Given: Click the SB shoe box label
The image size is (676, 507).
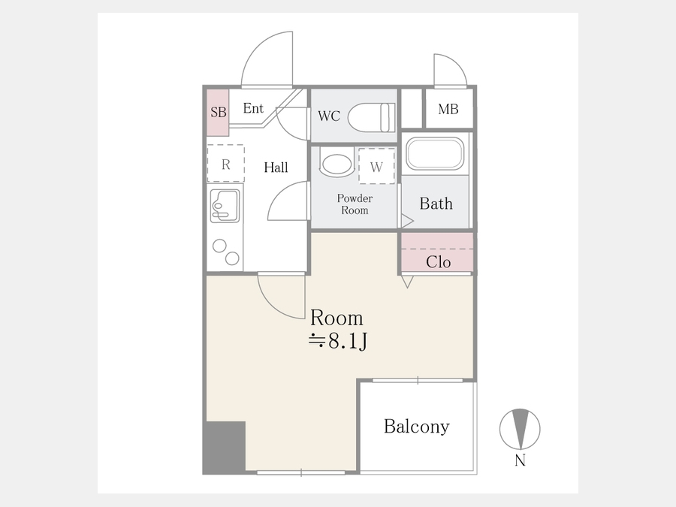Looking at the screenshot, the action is click(x=219, y=112).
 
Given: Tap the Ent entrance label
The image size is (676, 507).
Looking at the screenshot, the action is click(x=253, y=108).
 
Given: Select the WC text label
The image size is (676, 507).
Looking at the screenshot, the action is click(x=329, y=116).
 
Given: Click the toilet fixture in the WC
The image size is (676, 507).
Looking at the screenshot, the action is click(x=371, y=117).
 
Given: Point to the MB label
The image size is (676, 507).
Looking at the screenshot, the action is click(x=448, y=110).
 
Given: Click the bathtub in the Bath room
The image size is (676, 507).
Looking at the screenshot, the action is click(x=435, y=153).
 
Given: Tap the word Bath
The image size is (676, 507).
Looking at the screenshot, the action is click(x=436, y=204).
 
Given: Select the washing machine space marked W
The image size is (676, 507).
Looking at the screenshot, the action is click(x=376, y=167).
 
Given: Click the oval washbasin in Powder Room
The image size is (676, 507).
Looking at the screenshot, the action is click(x=336, y=164).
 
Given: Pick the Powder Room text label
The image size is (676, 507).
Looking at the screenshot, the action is click(x=355, y=204).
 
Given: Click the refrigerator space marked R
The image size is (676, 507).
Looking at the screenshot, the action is click(x=226, y=164).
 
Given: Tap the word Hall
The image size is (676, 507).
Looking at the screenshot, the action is click(x=276, y=167).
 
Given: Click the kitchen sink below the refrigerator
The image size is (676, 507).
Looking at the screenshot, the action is click(x=225, y=206).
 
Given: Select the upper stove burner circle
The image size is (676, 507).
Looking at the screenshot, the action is click(x=219, y=246).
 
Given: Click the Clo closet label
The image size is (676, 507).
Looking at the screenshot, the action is click(x=438, y=262).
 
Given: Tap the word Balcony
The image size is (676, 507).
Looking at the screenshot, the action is click(x=416, y=427).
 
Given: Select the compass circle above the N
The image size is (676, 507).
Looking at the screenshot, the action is click(x=520, y=430).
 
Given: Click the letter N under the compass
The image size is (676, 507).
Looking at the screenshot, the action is click(x=520, y=461).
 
